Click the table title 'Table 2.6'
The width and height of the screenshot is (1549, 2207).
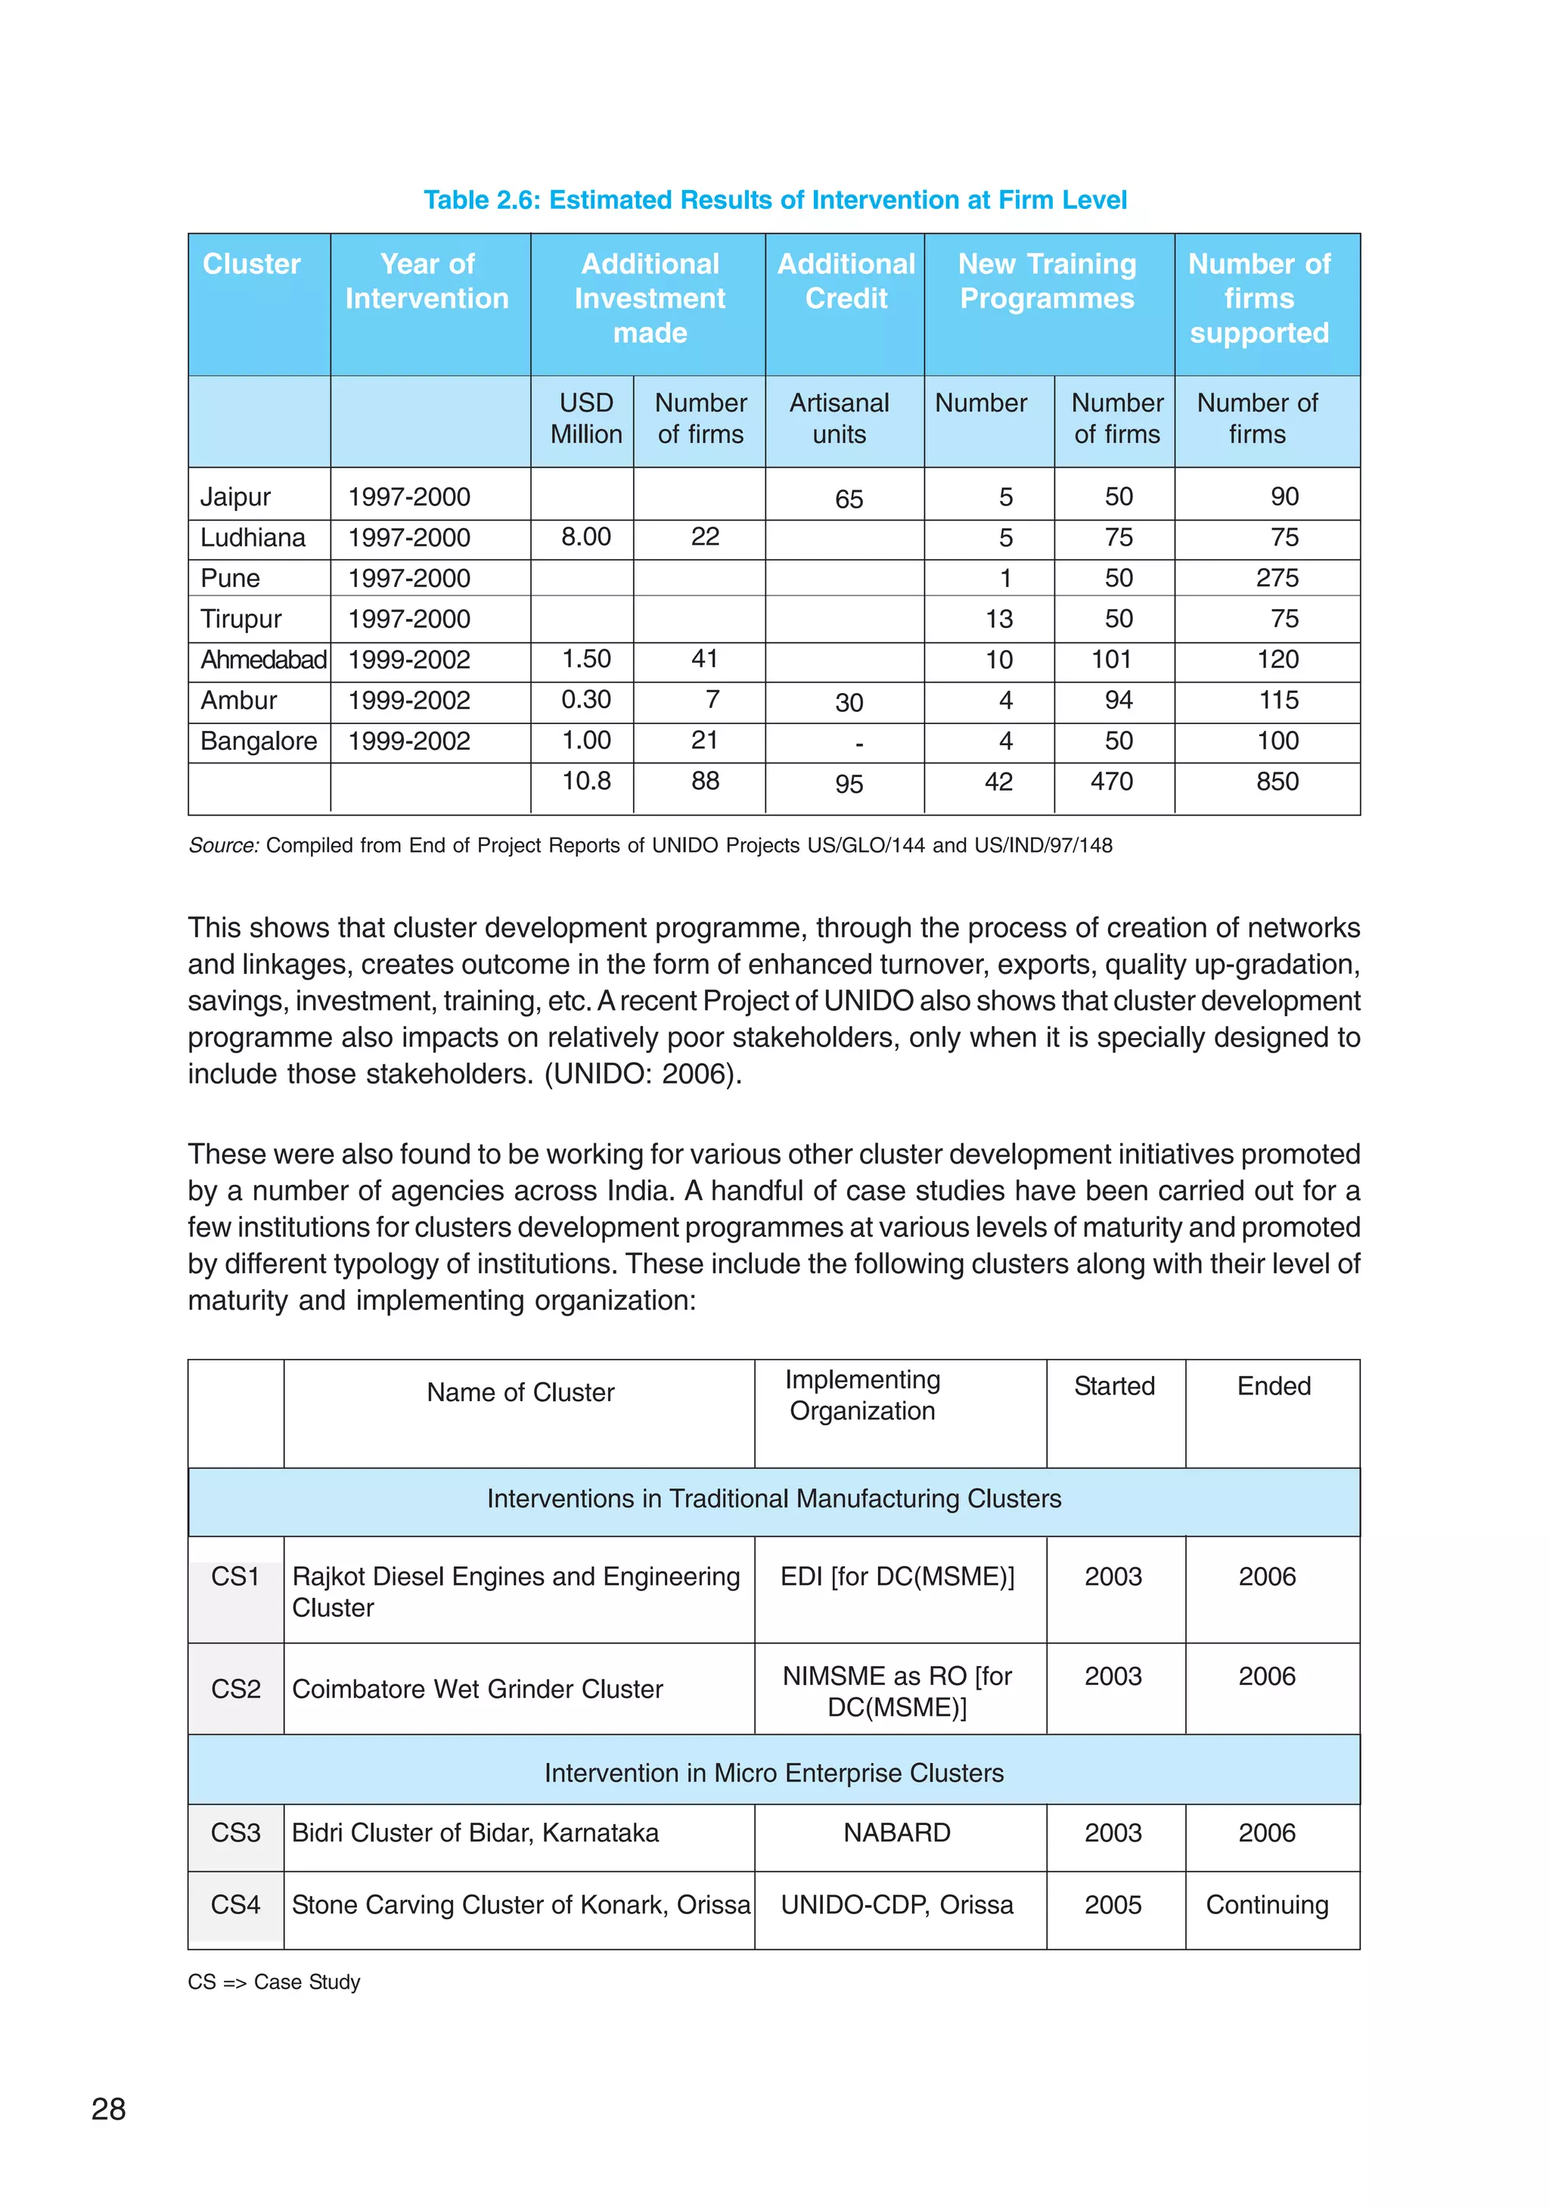click(x=774, y=200)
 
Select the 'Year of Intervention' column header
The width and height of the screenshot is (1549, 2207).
click(x=427, y=281)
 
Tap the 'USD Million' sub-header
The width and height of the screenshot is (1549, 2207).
click(x=585, y=418)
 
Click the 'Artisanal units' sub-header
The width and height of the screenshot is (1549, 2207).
click(x=839, y=418)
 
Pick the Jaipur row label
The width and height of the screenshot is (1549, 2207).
click(x=234, y=497)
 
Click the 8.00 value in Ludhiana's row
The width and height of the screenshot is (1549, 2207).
click(x=585, y=536)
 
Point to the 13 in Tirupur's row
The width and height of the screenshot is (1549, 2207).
click(x=998, y=619)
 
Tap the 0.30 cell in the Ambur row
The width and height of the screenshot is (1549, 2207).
click(x=585, y=700)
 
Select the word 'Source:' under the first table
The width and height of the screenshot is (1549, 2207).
click(x=223, y=846)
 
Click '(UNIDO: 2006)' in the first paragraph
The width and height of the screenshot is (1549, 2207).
click(x=643, y=1074)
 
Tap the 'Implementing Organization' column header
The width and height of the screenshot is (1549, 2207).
click(x=862, y=1394)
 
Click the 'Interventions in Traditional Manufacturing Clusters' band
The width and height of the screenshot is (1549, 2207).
click(x=774, y=1499)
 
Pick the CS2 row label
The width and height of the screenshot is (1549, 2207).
click(x=235, y=1689)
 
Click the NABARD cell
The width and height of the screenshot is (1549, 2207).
click(x=896, y=1832)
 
